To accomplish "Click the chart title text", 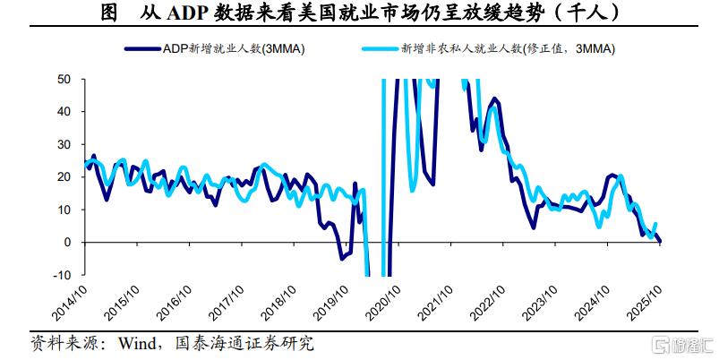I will point(358,13).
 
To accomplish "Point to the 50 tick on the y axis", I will point(64,79).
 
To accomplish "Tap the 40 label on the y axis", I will point(64,111).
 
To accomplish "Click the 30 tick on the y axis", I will point(64,144).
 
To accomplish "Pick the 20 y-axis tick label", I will point(64,176).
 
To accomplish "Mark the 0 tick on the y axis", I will point(68,242).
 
